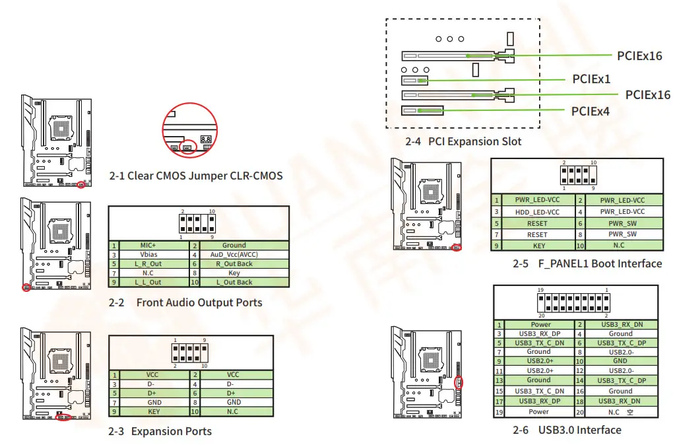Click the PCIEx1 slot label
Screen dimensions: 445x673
pyautogui.click(x=591, y=79)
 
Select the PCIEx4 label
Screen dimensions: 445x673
pyautogui.click(x=590, y=111)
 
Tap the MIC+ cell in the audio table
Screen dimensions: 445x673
pyautogui.click(x=151, y=245)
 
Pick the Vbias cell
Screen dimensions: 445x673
pyautogui.click(x=148, y=254)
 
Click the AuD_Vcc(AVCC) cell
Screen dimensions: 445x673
pyautogui.click(x=234, y=254)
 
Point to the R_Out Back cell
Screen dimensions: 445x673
pyautogui.click(x=234, y=263)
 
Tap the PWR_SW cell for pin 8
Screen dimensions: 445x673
pyautogui.click(x=622, y=234)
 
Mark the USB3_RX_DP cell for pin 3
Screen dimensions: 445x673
pyautogui.click(x=538, y=334)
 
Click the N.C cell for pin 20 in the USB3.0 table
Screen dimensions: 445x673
pyautogui.click(x=620, y=412)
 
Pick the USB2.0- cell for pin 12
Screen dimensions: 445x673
pyautogui.click(x=620, y=371)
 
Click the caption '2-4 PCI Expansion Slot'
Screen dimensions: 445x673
pyautogui.click(x=463, y=141)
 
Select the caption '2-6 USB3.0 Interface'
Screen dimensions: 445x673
pyautogui.click(x=567, y=430)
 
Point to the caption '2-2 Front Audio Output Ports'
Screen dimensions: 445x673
pyautogui.click(x=185, y=302)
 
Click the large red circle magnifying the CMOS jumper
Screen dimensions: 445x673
pyautogui.click(x=189, y=130)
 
